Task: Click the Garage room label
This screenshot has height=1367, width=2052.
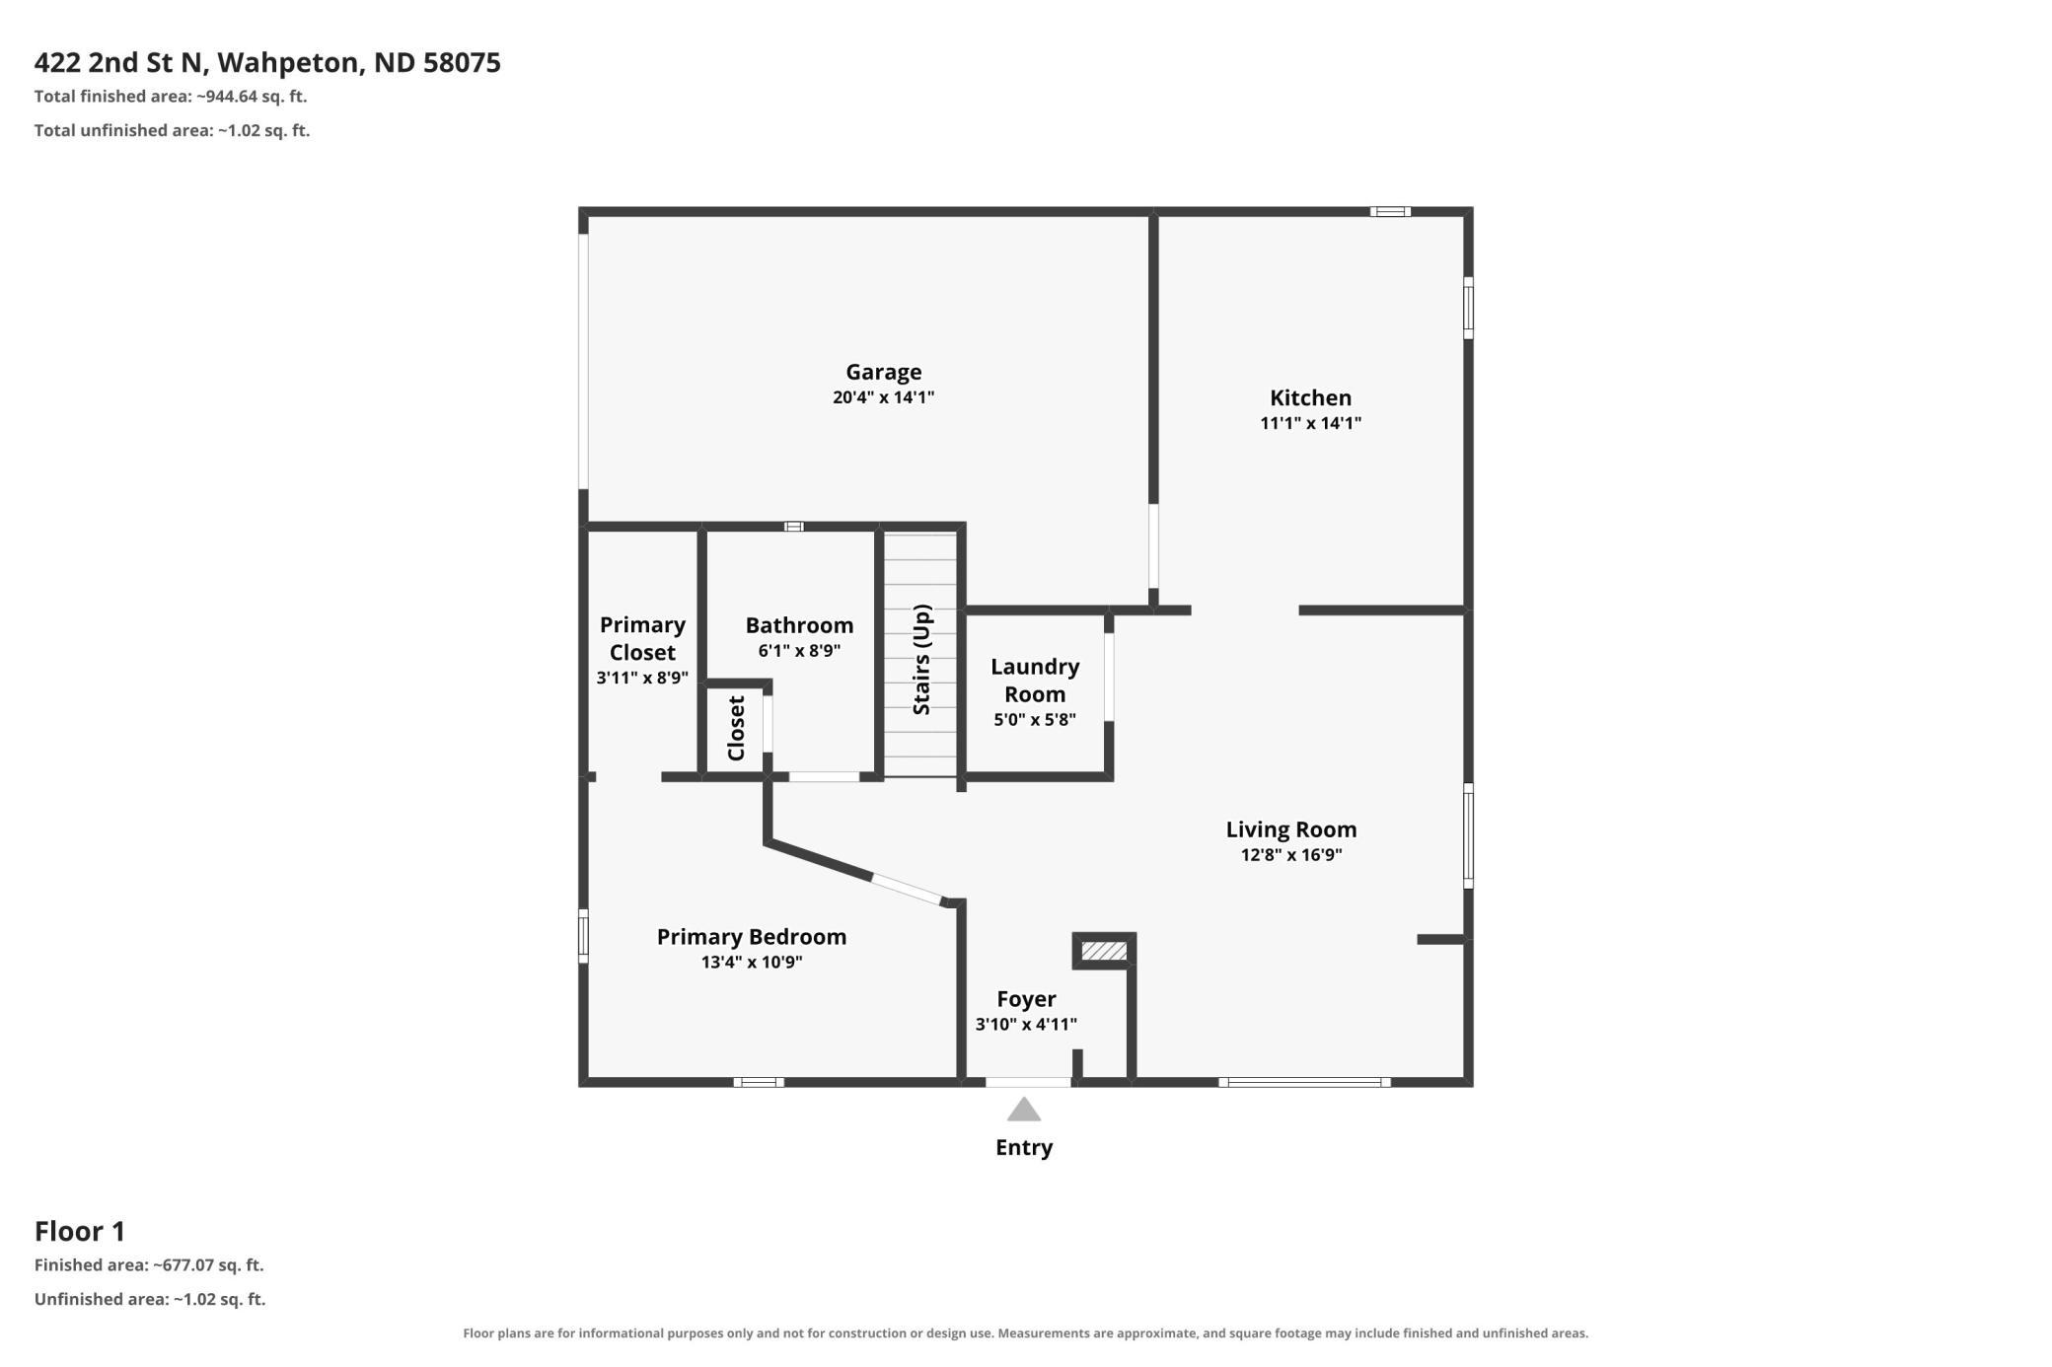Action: tap(883, 372)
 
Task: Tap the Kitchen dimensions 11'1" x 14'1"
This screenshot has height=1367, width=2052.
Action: tap(1310, 423)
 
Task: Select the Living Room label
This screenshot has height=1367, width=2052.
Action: tap(1291, 829)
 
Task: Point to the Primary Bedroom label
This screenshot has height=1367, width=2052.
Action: tap(752, 936)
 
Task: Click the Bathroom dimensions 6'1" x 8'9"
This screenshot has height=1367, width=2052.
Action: tap(799, 651)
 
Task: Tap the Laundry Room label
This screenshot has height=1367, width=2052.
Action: tap(1035, 680)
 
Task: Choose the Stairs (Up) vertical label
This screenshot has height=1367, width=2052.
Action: tap(921, 659)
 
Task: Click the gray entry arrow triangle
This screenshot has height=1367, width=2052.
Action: tap(1024, 1110)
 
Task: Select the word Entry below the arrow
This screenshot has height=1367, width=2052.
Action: tap(1024, 1147)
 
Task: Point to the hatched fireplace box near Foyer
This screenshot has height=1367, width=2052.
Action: tap(1104, 951)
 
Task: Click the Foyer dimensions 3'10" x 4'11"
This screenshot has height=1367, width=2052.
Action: tap(1026, 1025)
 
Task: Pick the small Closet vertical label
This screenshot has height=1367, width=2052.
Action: tap(736, 729)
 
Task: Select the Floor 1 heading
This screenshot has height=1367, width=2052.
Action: tap(80, 1231)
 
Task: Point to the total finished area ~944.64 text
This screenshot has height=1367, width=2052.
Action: tap(171, 97)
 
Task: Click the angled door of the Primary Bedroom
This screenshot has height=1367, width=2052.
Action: tap(907, 890)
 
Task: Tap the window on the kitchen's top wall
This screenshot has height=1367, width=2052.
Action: tap(1390, 211)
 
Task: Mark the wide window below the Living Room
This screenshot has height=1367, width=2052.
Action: tap(1304, 1082)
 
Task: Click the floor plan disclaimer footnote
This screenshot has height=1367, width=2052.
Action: tap(1026, 1333)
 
